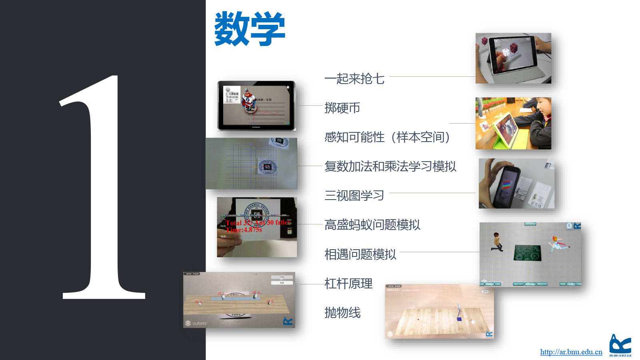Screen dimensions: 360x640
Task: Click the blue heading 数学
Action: coord(250,29)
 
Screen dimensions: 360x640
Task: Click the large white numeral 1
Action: coord(103,188)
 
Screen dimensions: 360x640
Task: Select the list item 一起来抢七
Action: coord(354,79)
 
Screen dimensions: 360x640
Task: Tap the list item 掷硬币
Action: coord(342,108)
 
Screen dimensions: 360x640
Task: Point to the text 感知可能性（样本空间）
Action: coord(387,137)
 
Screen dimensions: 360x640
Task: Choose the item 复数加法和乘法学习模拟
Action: coord(390,166)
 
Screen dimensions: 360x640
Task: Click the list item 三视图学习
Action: coord(354,196)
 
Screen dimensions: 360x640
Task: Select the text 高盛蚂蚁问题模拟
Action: coord(372,225)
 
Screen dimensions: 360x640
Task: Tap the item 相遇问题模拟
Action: coord(360,254)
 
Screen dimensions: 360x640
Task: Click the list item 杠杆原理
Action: coord(348,284)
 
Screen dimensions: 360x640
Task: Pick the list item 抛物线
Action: coord(342,313)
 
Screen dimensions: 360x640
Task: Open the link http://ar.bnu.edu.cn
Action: coord(571,352)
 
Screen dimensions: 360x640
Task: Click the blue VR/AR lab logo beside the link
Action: coord(620,345)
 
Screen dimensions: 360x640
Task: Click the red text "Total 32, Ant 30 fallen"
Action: coord(258,223)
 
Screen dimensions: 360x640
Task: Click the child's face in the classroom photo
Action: coord(542,107)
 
